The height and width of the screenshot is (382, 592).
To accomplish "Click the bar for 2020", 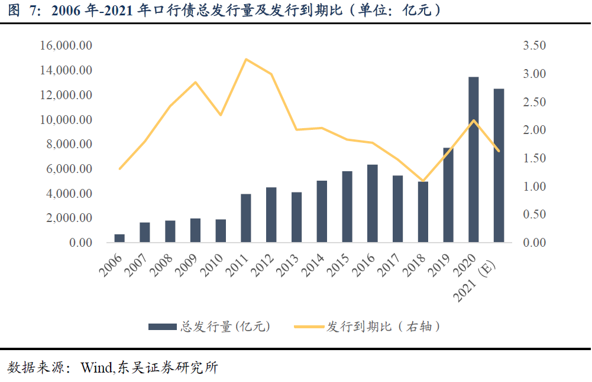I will [473, 159].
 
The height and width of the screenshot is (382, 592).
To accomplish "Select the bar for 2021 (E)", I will [499, 165].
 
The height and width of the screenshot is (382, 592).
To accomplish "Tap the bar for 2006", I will [119, 238].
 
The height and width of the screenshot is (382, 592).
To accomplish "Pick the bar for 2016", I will [372, 203].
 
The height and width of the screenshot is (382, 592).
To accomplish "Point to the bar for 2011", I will [245, 218].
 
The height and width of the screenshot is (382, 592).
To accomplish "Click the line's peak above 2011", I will [245, 59].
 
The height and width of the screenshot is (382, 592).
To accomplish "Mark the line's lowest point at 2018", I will [423, 181].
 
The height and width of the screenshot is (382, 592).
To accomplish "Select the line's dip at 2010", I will [221, 115].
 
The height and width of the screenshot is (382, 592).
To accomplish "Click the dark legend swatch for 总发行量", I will [162, 327].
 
